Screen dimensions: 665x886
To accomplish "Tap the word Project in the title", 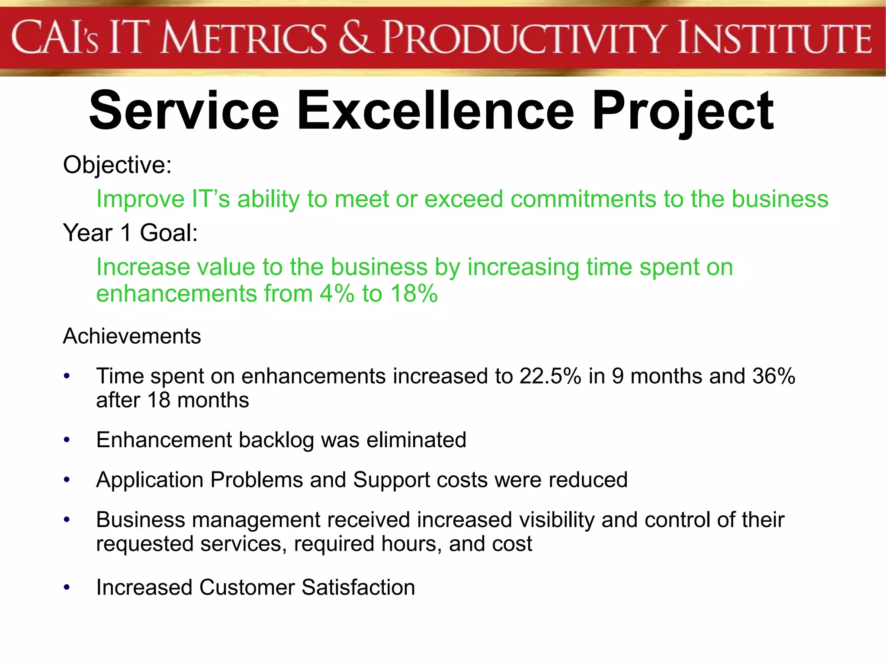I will [x=683, y=112].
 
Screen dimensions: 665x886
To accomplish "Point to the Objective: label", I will [x=117, y=165].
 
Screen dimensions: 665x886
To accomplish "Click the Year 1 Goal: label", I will [x=130, y=233].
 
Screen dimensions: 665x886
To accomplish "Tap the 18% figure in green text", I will [x=414, y=294].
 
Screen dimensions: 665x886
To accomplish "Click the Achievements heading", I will [x=132, y=336].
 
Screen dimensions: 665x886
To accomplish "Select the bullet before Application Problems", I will [x=67, y=480].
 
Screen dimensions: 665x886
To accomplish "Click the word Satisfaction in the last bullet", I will [x=358, y=588].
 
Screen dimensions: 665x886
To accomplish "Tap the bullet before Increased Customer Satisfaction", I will [x=67, y=588].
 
